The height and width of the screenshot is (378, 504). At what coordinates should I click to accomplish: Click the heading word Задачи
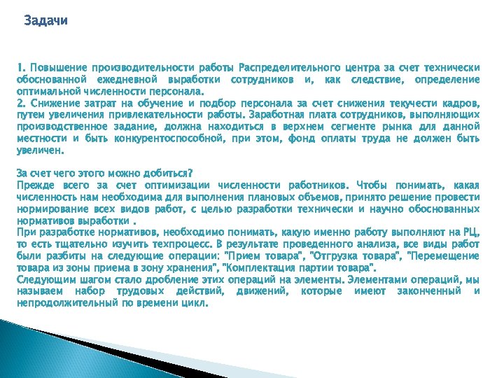click(x=45, y=20)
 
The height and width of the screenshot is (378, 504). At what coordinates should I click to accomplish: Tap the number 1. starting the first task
click(x=21, y=68)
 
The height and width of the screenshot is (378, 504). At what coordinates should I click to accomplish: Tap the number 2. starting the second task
click(x=21, y=102)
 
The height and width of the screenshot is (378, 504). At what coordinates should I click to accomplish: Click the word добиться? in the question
click(x=167, y=173)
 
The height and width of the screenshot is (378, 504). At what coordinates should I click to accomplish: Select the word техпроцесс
click(x=188, y=244)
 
